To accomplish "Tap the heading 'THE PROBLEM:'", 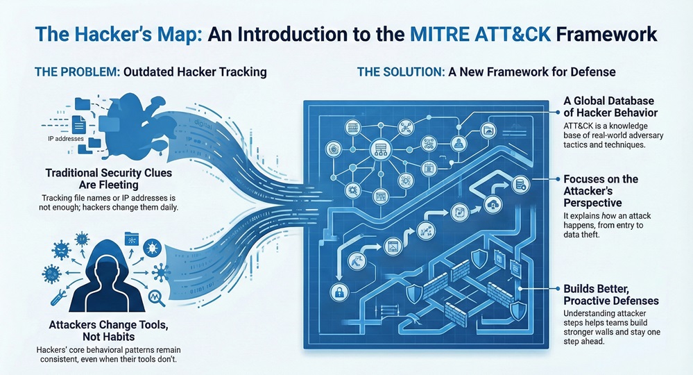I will [77, 72].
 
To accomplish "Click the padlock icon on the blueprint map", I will [339, 291].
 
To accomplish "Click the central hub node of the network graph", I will [379, 147].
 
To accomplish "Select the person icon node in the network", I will [458, 144].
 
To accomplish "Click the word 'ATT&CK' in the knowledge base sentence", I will [576, 124].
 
